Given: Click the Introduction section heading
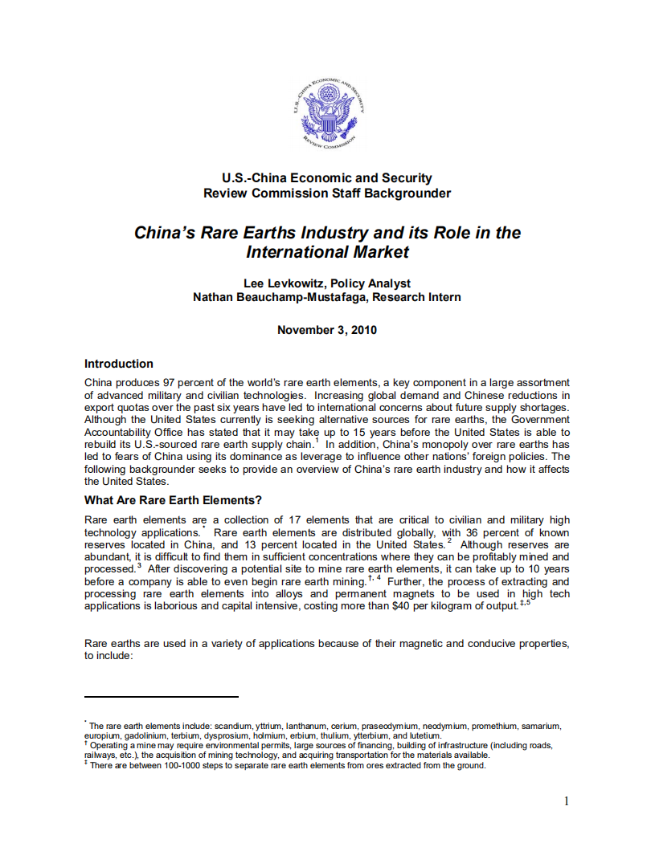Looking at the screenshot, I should [119, 364].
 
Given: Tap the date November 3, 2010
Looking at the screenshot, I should [327, 330].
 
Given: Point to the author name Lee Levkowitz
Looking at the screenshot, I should [282, 283].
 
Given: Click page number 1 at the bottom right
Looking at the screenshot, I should [567, 800].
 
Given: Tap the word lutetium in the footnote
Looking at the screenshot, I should [425, 735].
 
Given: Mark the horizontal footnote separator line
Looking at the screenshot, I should [162, 697].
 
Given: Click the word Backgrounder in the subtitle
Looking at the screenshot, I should [407, 193].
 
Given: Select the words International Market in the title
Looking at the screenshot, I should [327, 252].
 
